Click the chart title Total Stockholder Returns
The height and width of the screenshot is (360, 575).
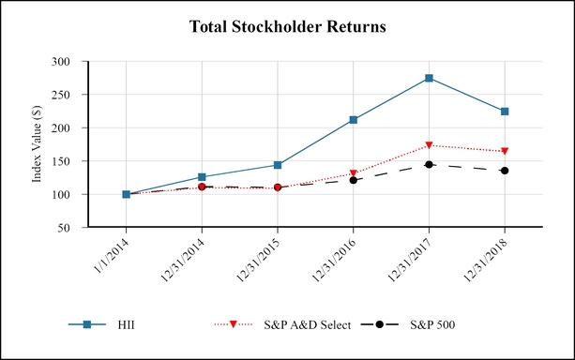(x=287, y=26)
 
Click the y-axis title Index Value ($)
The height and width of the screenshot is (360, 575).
(x=38, y=144)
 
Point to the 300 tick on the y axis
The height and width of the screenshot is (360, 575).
(x=70, y=62)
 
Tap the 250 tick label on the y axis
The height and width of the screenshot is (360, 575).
(x=70, y=95)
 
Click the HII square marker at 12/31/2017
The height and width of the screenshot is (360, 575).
(x=429, y=78)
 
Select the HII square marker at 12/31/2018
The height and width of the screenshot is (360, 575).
(x=505, y=112)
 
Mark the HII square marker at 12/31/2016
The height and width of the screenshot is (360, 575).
(x=353, y=120)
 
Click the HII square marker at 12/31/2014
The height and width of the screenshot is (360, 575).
(x=202, y=177)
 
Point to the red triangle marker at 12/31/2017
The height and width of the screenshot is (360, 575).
(x=429, y=145)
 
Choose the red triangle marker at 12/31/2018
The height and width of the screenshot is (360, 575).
(x=505, y=151)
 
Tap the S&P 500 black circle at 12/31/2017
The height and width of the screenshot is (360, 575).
(x=429, y=164)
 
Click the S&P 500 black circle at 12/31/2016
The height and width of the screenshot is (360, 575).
(x=353, y=180)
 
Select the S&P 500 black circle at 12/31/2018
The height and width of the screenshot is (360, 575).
(x=505, y=171)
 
